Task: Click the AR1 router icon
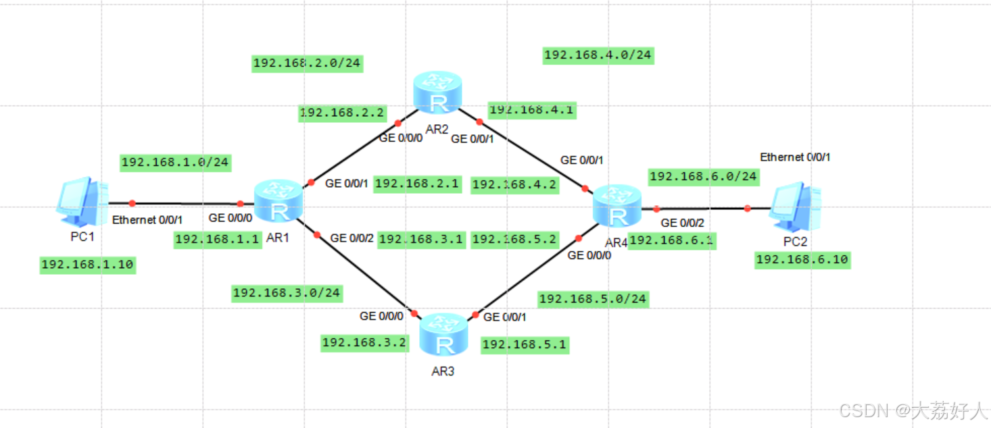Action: pyautogui.click(x=278, y=201)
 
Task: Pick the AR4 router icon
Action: pyautogui.click(x=617, y=207)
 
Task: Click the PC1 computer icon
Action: pyautogui.click(x=81, y=200)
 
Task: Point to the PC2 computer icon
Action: pyautogui.click(x=798, y=206)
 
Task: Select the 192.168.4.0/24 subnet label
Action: pyautogui.click(x=598, y=55)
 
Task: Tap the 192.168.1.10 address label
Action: pyautogui.click(x=88, y=265)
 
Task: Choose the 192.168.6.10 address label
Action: pyautogui.click(x=802, y=259)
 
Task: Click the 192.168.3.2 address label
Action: pyautogui.click(x=364, y=342)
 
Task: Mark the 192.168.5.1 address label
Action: pyautogui.click(x=525, y=345)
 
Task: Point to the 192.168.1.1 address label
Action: pyautogui.click(x=218, y=239)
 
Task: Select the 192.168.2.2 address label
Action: pyautogui.click(x=341, y=113)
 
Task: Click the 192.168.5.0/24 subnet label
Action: pyautogui.click(x=593, y=299)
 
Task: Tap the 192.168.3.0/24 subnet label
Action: pyautogui.click(x=287, y=293)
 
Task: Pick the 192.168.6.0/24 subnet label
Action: pyautogui.click(x=703, y=177)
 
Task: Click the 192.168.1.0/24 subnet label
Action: pyautogui.click(x=175, y=162)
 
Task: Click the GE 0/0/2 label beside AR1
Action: pyautogui.click(x=352, y=238)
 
